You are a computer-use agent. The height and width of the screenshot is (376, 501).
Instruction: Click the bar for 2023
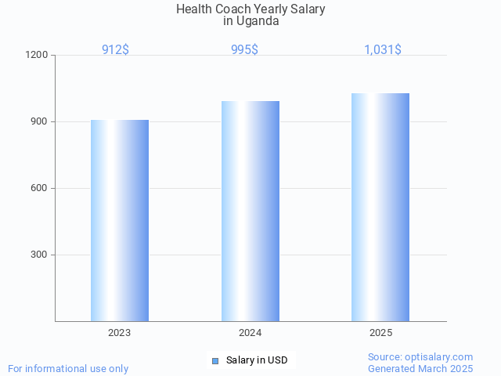coord(120,220)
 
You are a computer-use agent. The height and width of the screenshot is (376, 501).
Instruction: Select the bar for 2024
coord(250,211)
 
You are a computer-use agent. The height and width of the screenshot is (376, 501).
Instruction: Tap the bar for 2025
coord(380,207)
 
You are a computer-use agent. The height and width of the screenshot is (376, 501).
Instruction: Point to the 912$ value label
coord(116,50)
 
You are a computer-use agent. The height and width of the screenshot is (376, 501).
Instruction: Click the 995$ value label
coord(244,50)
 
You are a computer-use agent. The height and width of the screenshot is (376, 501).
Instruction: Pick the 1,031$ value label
coord(383,50)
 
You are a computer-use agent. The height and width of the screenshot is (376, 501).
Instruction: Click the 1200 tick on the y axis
coord(38,56)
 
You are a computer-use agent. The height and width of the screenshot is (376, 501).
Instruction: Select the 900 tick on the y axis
coord(40,122)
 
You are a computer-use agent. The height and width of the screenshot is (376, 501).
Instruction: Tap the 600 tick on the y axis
coord(40,189)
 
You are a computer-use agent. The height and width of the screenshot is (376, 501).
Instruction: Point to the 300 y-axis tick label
coord(40,255)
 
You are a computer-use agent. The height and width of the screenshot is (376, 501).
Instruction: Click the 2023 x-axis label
coord(120,333)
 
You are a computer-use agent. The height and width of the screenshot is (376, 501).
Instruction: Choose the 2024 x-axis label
coord(250,333)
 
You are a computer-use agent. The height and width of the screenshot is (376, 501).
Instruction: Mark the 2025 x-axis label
coord(380,333)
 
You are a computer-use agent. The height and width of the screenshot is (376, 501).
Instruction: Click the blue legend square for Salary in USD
coord(215,360)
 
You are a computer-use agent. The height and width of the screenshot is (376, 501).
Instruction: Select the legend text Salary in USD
coord(257,360)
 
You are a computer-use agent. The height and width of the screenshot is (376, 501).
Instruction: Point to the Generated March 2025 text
coord(420,369)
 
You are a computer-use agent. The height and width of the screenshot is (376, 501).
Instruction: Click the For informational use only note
coord(68,369)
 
